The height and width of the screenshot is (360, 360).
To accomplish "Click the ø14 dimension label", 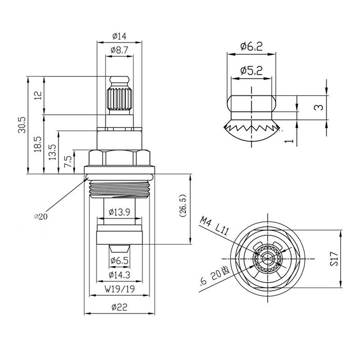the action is click(119, 36).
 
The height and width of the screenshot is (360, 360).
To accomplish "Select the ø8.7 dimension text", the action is click(119, 50).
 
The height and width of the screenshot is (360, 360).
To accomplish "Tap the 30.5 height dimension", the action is click(22, 125).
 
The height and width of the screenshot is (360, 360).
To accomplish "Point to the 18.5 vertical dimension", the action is click(38, 144).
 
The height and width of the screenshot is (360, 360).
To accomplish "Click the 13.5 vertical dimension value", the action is click(53, 152).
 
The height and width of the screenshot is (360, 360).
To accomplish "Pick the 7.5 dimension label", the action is click(69, 162).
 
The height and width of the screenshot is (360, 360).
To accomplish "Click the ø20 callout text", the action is click(40, 216).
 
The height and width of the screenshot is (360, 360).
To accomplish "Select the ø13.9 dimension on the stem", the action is click(119, 211).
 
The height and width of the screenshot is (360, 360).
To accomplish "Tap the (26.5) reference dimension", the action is click(183, 206).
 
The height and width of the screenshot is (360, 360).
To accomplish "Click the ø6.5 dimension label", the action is click(119, 261).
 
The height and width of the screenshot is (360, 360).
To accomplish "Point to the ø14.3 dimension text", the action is click(119, 274).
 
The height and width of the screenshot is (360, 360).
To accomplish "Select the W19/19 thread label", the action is click(120, 289).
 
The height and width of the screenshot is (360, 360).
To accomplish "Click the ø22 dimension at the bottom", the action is click(119, 307).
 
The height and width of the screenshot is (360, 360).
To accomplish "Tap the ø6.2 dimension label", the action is click(252, 46).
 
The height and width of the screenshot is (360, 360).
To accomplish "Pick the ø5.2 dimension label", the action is click(252, 71).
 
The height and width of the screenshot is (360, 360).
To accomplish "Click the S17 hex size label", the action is click(334, 259).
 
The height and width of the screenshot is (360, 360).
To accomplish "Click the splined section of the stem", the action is click(119, 99).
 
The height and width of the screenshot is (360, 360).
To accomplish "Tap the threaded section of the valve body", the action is click(119, 189).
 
